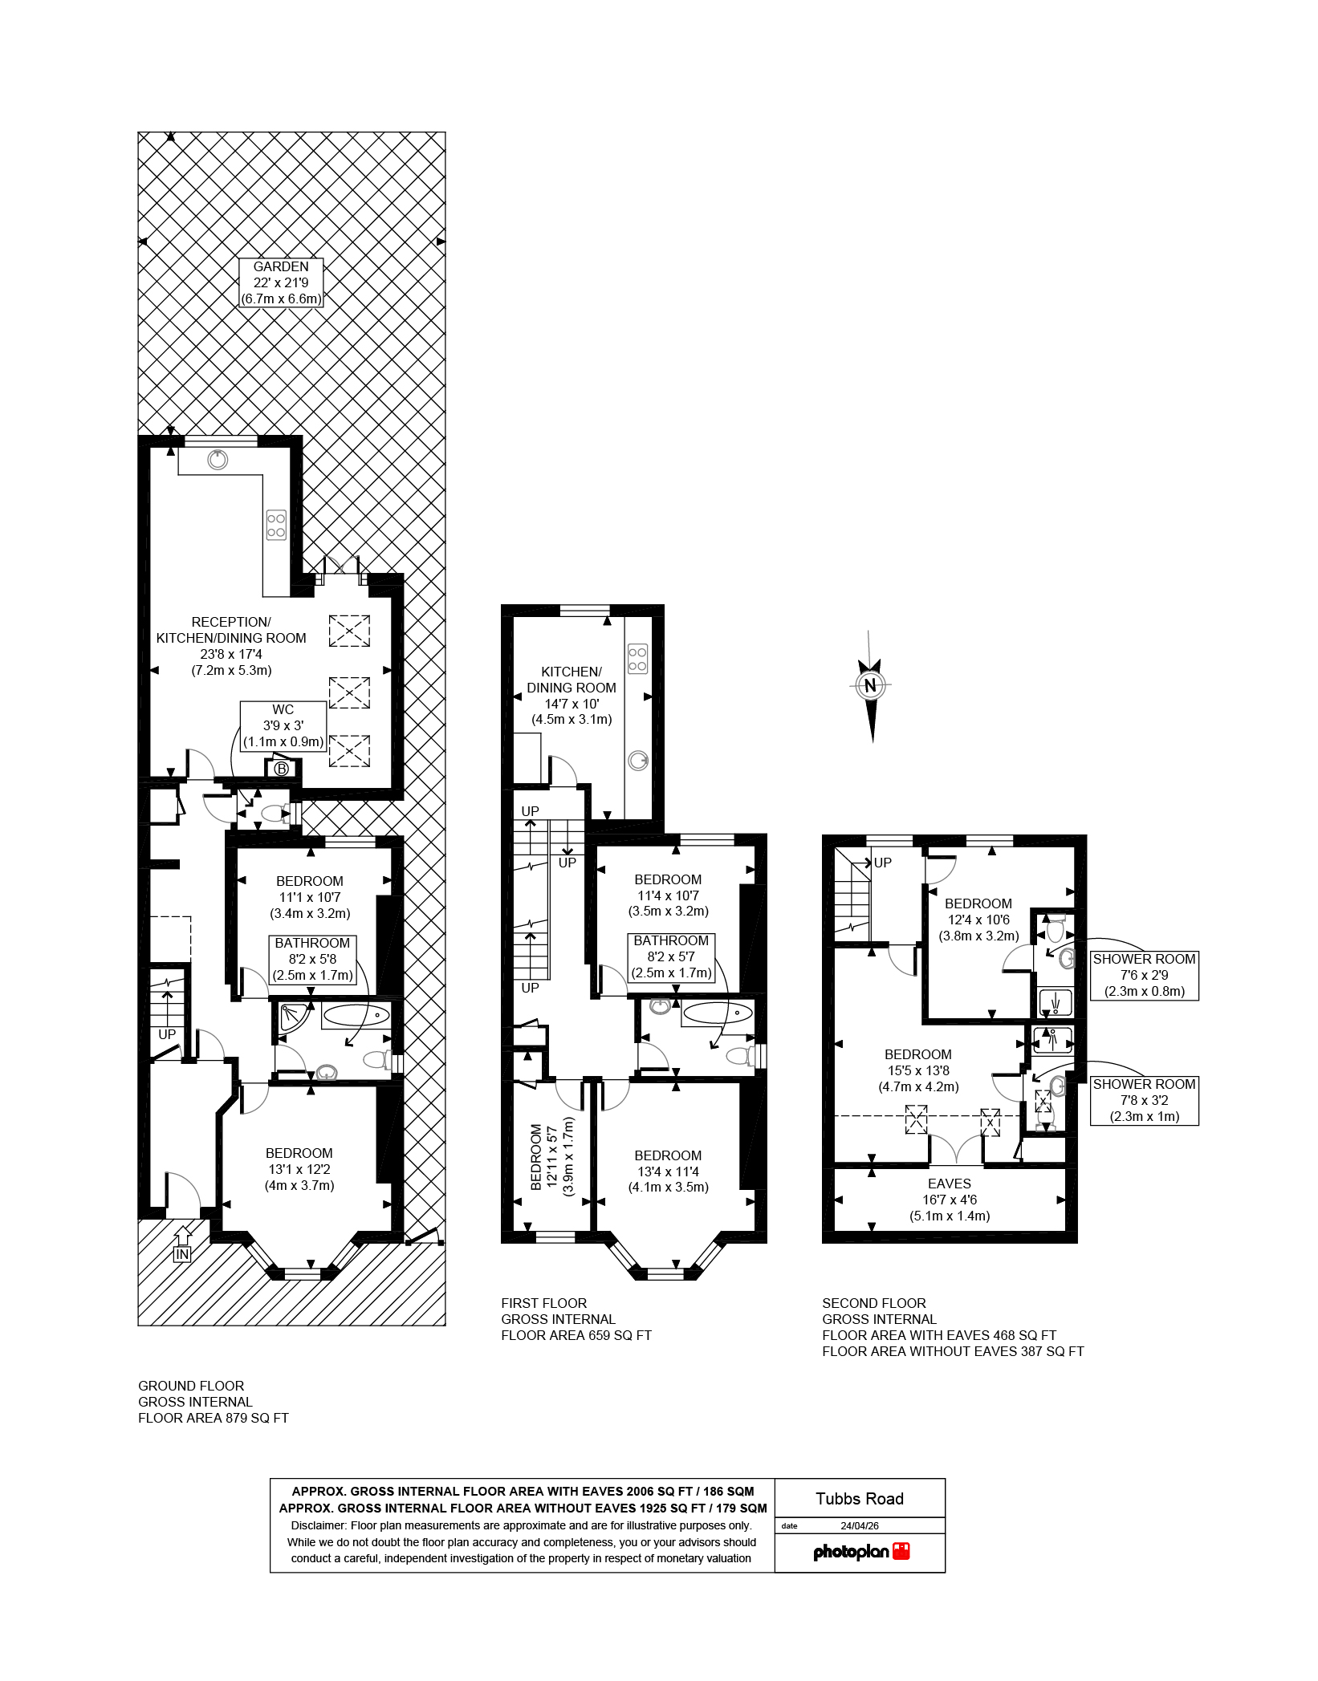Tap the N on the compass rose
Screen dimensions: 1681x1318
(x=870, y=686)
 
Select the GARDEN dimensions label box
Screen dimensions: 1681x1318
(x=281, y=282)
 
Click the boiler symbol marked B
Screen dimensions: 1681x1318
(x=281, y=769)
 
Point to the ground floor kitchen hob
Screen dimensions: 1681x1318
(x=276, y=525)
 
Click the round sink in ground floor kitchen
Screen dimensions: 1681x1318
(x=218, y=460)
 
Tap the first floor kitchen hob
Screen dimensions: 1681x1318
(x=637, y=658)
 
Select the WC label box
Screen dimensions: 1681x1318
(x=283, y=725)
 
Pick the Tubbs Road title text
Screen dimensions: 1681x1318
(x=860, y=1499)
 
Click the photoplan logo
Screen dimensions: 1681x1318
(x=861, y=1551)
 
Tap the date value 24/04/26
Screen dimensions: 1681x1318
(x=860, y=1525)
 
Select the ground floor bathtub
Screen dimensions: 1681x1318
(x=356, y=1016)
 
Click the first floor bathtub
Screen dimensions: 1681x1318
(x=717, y=1013)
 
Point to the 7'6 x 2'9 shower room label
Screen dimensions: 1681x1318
(x=1144, y=975)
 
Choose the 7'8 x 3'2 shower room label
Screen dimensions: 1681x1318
(x=1144, y=1100)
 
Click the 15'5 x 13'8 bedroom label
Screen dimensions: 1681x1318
(x=917, y=1070)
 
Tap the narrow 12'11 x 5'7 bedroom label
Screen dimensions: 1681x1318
(x=551, y=1156)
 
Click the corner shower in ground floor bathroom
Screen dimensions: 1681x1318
(x=288, y=1016)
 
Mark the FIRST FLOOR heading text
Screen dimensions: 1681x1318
(x=543, y=1303)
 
